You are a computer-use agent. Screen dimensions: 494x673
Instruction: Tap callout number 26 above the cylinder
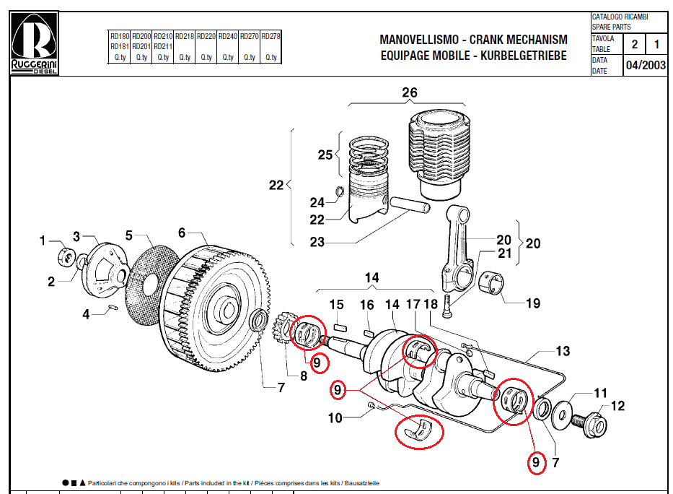pyautogui.click(x=409, y=93)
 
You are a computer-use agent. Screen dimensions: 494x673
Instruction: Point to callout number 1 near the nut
pyautogui.click(x=43, y=240)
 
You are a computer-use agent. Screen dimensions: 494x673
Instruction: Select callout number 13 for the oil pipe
pyautogui.click(x=563, y=352)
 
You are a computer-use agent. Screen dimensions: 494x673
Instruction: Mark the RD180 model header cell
pyautogui.click(x=120, y=35)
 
